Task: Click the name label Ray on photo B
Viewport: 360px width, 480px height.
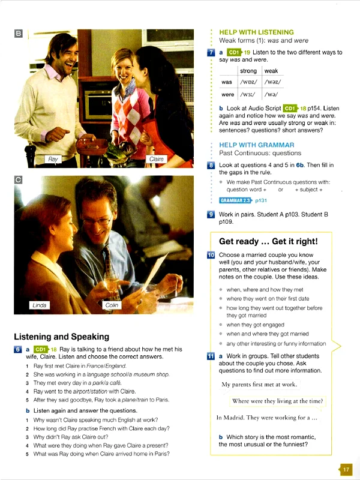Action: coord(53,159)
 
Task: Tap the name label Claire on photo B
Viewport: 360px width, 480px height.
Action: coord(157,159)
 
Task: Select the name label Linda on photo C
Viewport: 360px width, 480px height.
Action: coord(39,305)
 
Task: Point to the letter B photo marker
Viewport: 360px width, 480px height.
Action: coord(18,34)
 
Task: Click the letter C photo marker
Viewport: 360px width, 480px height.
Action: coord(18,179)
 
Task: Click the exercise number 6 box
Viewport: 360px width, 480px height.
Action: coord(18,349)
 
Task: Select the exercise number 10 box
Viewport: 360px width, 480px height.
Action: coord(211,255)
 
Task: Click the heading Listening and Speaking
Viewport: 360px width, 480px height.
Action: coord(61,336)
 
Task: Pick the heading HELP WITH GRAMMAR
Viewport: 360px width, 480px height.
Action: coord(256,145)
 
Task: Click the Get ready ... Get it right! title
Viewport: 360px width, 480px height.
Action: coord(268,242)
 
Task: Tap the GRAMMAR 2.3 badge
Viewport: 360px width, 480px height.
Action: coord(235,201)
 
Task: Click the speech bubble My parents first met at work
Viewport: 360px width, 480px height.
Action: coord(259,385)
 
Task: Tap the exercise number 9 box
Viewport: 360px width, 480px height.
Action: coord(211,214)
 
